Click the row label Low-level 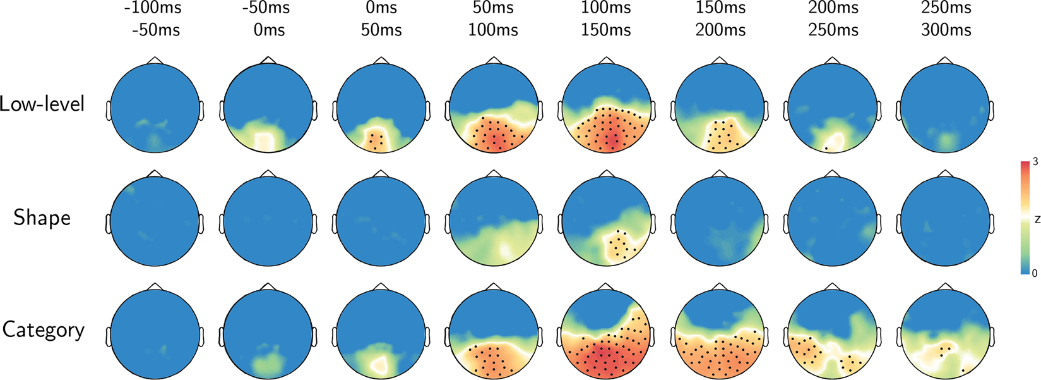pyautogui.click(x=42, y=104)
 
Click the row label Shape pyautogui.click(x=42, y=218)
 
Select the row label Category pyautogui.click(x=43, y=330)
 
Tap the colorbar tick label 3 pyautogui.click(x=1035, y=162)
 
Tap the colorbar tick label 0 pyautogui.click(x=1034, y=273)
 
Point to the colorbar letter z pyautogui.click(x=1037, y=219)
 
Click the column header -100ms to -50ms pyautogui.click(x=155, y=19)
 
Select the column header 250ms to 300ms pyautogui.click(x=945, y=19)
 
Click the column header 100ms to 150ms pyautogui.click(x=606, y=19)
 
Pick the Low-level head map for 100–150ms pyautogui.click(x=607, y=107)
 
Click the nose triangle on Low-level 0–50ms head pyautogui.click(x=381, y=60)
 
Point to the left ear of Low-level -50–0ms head pyautogui.click(x=222, y=110)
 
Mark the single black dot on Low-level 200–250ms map pyautogui.click(x=825, y=148)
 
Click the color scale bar pyautogui.click(x=1025, y=218)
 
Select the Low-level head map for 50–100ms pyautogui.click(x=494, y=107)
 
